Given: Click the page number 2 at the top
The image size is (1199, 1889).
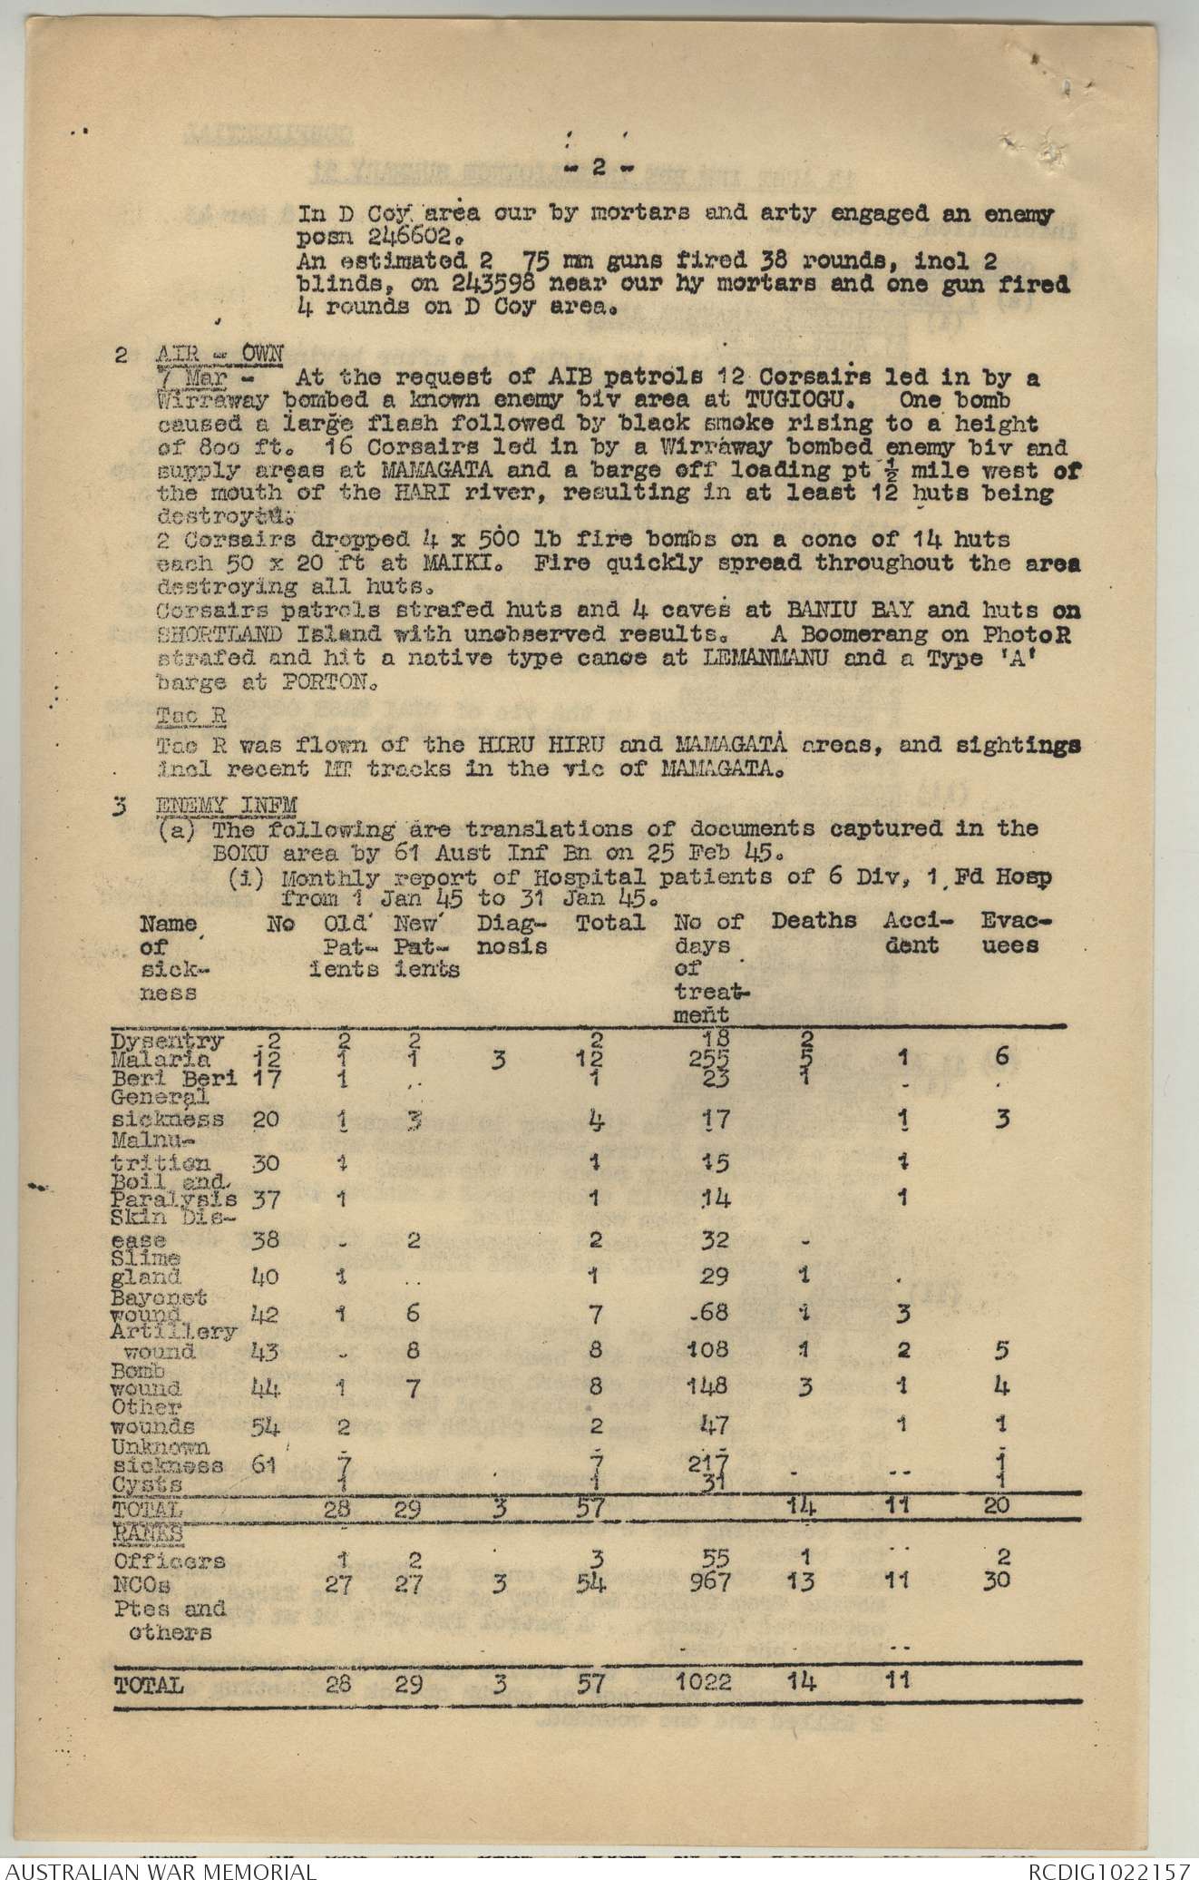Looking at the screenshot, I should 599,167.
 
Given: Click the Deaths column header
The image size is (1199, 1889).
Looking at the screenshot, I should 814,921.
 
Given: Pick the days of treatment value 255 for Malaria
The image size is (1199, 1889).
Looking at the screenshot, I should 710,1058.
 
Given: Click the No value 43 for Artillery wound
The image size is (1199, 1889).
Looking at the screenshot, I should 266,1349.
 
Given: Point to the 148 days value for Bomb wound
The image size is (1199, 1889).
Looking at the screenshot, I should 709,1386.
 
